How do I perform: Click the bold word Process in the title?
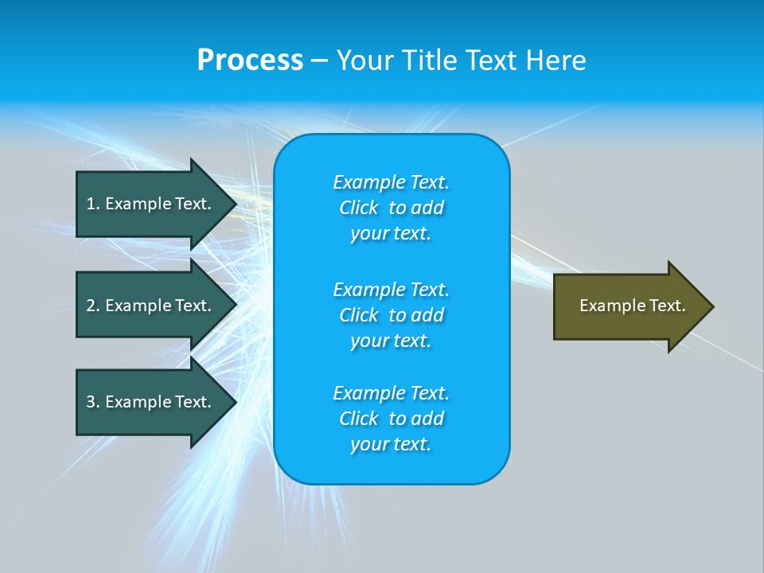(250, 60)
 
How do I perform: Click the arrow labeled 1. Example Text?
(157, 204)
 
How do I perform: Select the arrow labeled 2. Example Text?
(157, 305)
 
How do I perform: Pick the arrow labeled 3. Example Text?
(157, 402)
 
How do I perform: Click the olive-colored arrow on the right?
(633, 306)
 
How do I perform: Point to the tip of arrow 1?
(236, 204)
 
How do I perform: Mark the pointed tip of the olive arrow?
(714, 306)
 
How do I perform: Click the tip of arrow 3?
(236, 402)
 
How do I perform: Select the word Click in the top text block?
(359, 208)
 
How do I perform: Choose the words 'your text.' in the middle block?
(391, 341)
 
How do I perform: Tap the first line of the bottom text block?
(392, 392)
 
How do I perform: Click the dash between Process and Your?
(319, 62)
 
